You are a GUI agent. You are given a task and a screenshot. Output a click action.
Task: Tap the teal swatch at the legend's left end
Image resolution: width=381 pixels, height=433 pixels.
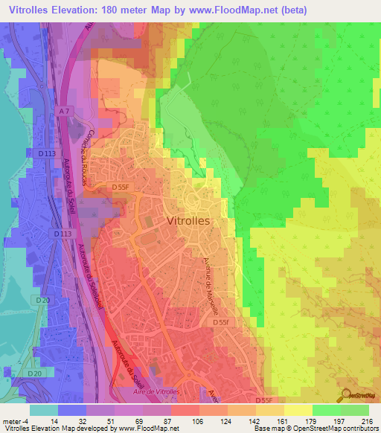tap(44, 410)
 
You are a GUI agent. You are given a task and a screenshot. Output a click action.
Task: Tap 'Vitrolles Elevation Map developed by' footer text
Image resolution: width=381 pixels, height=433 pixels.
tap(52, 429)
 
